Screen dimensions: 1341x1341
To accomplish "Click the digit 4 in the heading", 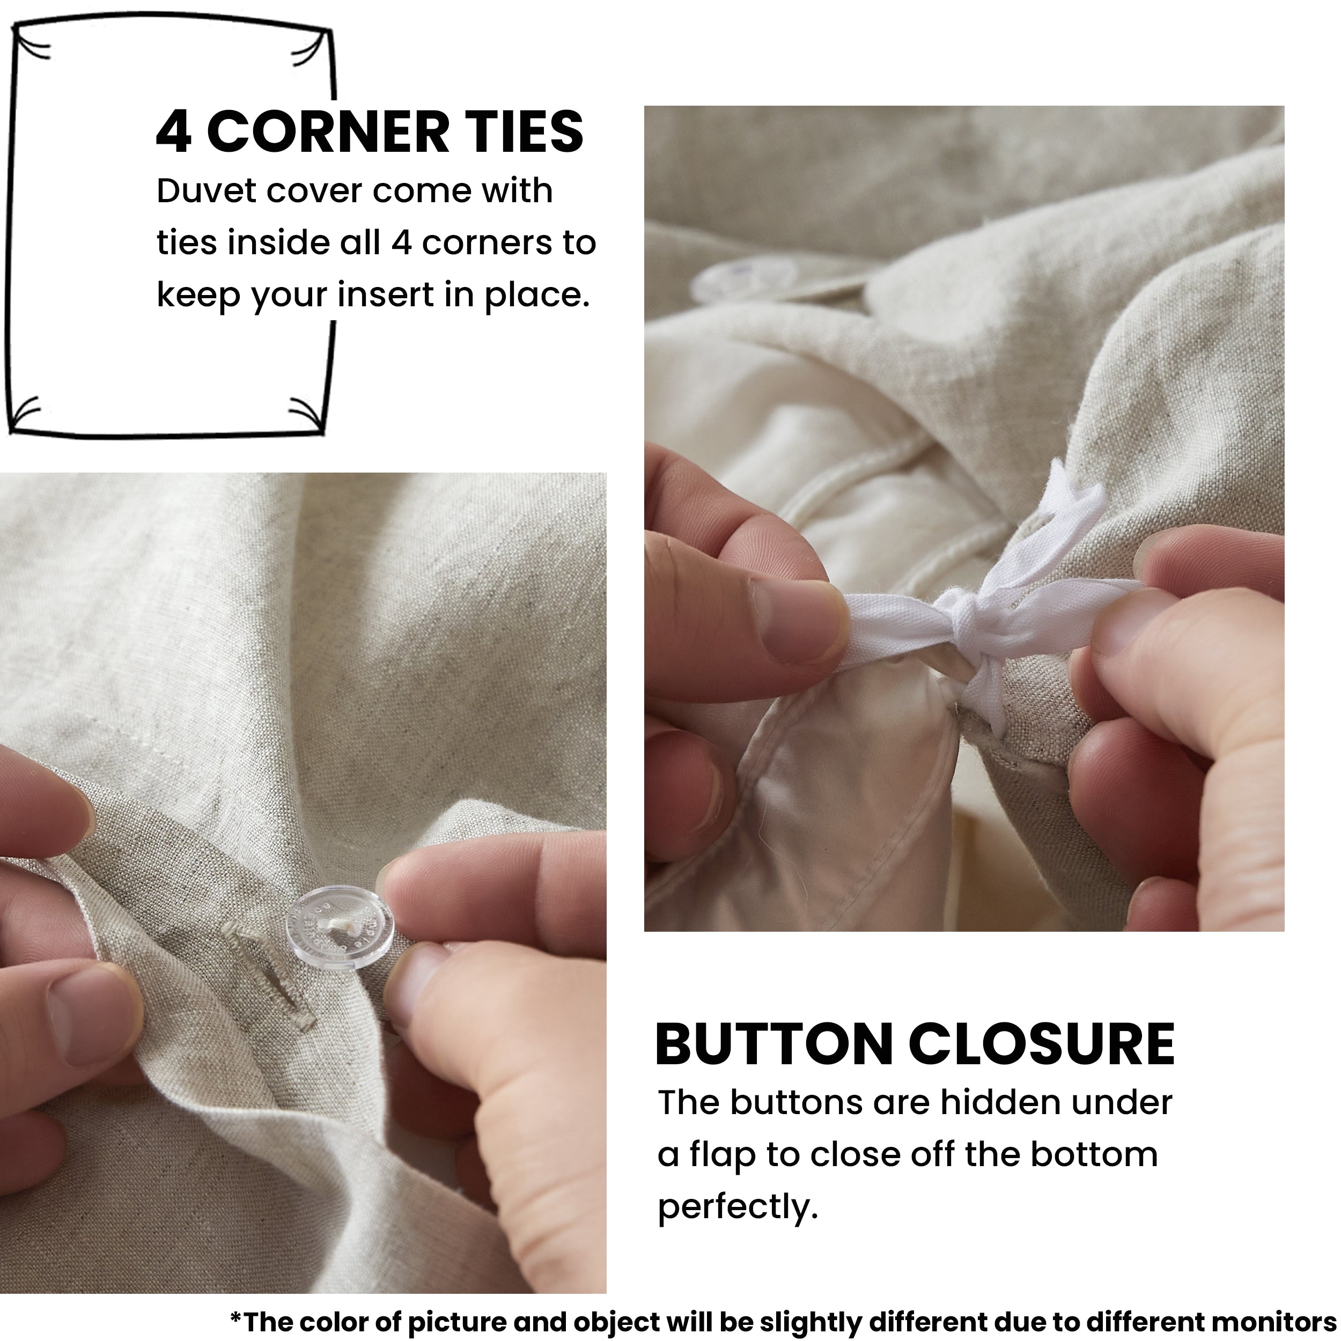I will pos(173,132).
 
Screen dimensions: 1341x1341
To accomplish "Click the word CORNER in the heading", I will pos(328,132).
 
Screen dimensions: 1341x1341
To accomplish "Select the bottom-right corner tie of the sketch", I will pos(307,415).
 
